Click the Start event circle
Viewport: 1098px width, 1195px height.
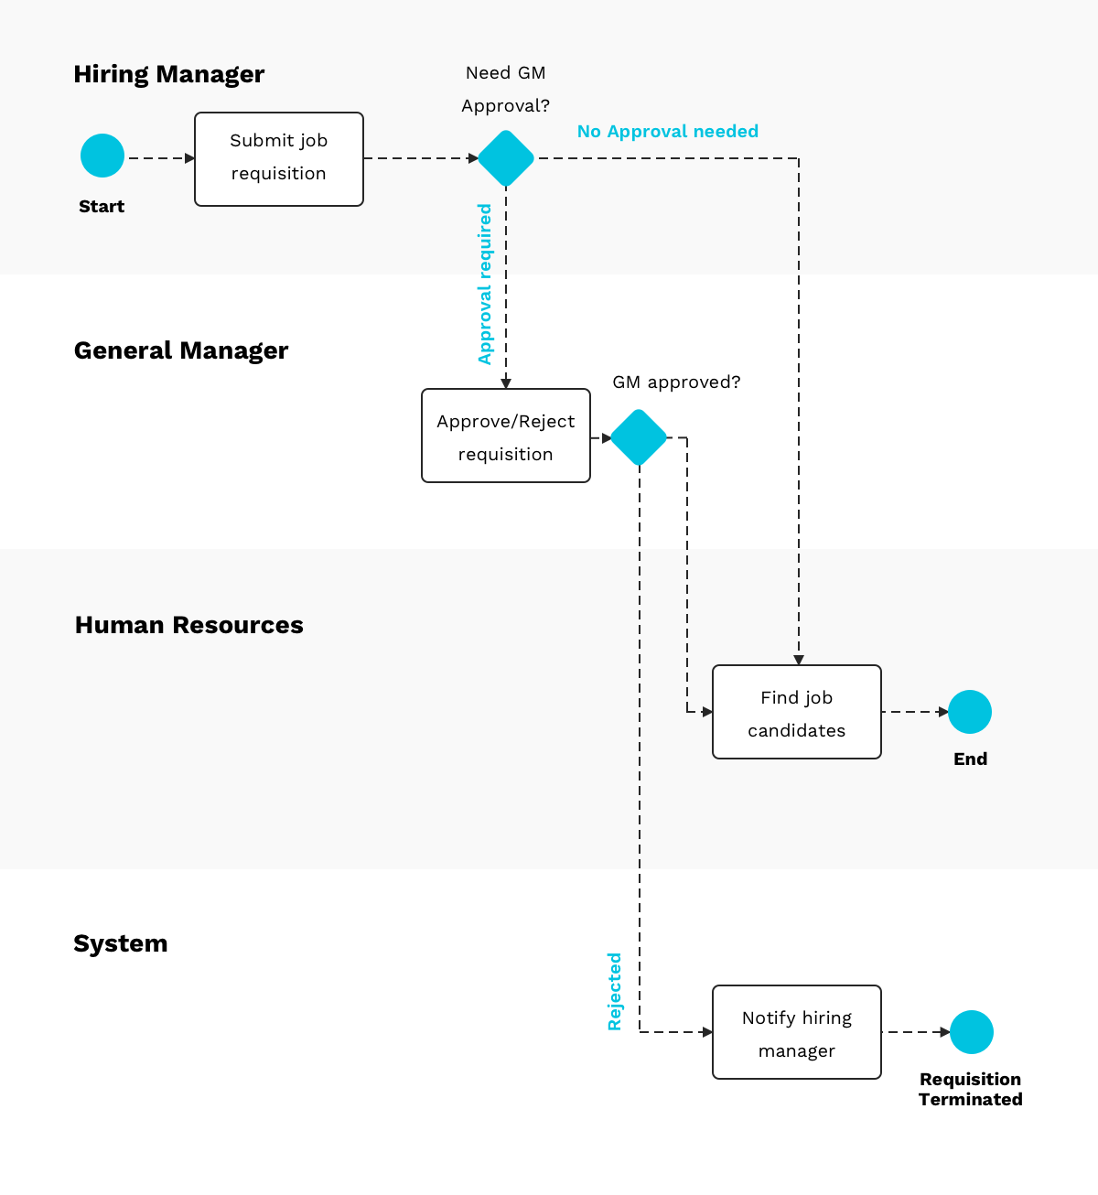102,156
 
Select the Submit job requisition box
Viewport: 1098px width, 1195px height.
279,159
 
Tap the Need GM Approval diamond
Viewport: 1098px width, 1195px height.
506,158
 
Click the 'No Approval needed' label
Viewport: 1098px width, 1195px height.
668,131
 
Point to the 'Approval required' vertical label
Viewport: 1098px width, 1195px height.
485,285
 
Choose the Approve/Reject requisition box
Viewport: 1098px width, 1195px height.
506,436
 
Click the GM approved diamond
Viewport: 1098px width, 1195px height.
639,437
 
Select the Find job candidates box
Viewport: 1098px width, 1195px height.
797,712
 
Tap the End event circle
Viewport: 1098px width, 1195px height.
970,712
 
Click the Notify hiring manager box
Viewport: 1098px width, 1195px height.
797,1032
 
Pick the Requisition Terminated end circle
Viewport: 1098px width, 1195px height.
972,1032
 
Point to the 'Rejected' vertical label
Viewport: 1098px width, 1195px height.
615,991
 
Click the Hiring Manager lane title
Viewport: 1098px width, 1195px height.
169,74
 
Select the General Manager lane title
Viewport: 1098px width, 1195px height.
181,350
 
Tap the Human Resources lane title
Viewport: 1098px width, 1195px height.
188,625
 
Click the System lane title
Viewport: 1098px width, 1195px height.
121,943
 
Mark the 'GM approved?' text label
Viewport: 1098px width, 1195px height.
676,382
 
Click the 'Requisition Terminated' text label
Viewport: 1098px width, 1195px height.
971,1089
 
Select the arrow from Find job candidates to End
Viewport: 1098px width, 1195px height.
915,712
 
